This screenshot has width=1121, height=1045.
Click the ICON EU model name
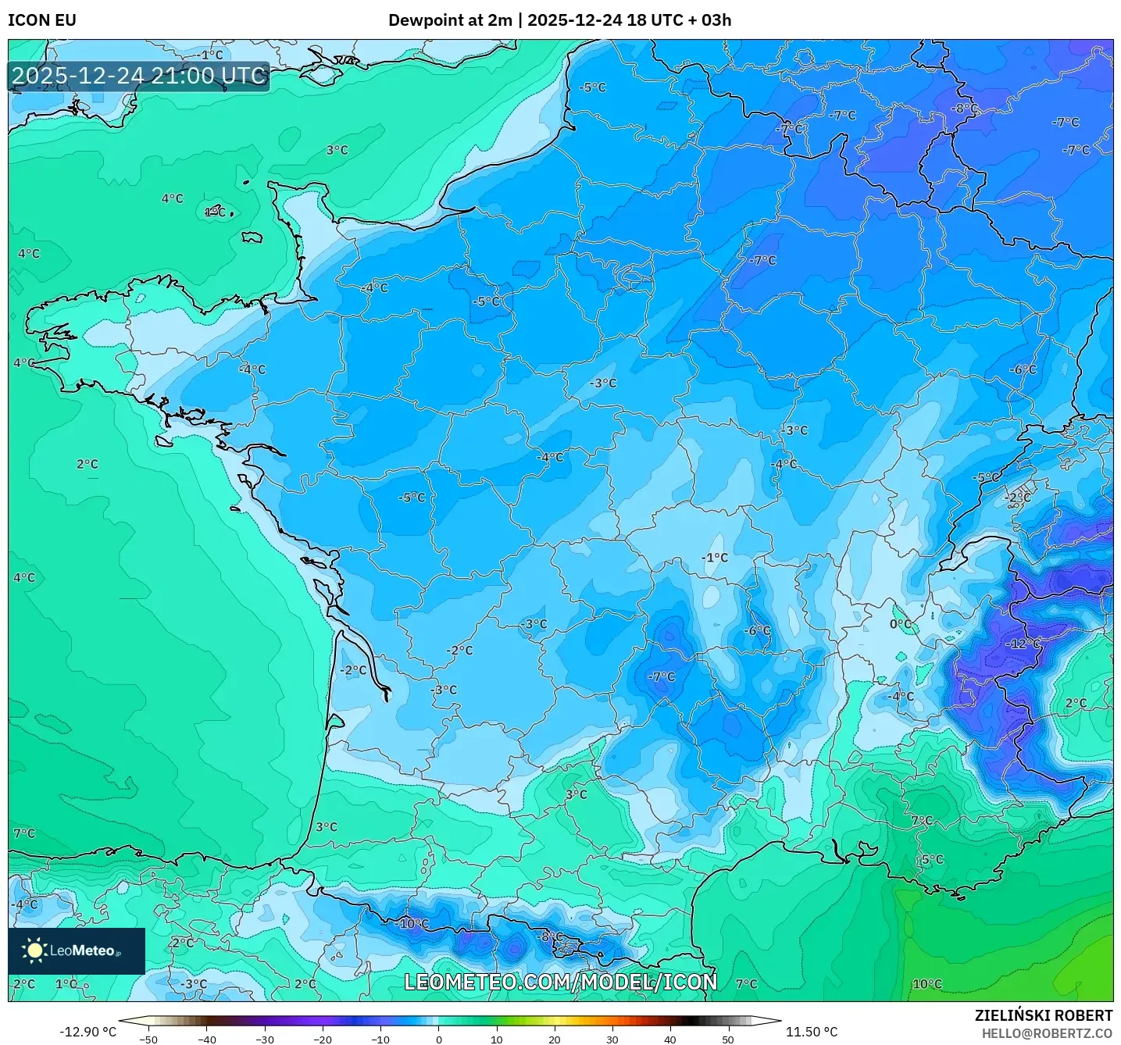[42, 20]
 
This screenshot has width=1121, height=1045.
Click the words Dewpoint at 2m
[450, 20]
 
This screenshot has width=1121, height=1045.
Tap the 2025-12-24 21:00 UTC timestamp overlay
[139, 76]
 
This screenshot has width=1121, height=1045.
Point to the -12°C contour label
[1023, 644]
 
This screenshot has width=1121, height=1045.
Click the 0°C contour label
[901, 624]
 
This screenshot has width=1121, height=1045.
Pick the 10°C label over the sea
[927, 984]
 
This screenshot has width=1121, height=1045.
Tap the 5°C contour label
[932, 859]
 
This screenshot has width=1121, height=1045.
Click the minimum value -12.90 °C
[87, 1032]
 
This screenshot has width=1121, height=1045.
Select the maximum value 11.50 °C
[811, 1032]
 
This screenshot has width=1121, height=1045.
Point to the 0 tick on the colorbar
[438, 1039]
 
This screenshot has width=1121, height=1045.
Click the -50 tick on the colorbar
[148, 1039]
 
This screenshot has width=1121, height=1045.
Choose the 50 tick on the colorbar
[728, 1039]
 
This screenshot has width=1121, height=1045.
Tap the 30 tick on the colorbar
[612, 1039]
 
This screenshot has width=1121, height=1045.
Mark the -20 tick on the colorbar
[322, 1039]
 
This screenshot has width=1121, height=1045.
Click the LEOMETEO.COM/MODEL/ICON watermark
[560, 982]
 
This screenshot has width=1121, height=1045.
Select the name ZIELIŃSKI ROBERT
[1043, 1015]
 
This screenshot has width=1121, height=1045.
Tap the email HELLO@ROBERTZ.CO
[1047, 1033]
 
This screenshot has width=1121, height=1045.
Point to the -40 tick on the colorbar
[206, 1039]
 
